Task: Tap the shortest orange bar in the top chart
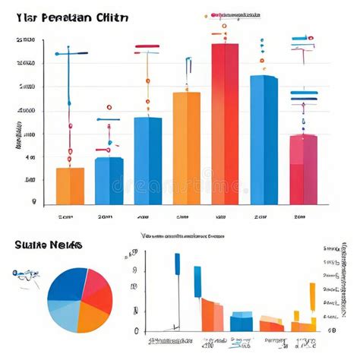70,186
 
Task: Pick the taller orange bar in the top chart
186,148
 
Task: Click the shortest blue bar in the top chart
109,181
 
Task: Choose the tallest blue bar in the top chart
264,140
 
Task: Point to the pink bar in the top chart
303,170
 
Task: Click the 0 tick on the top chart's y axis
33,203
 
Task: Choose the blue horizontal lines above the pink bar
304,96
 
